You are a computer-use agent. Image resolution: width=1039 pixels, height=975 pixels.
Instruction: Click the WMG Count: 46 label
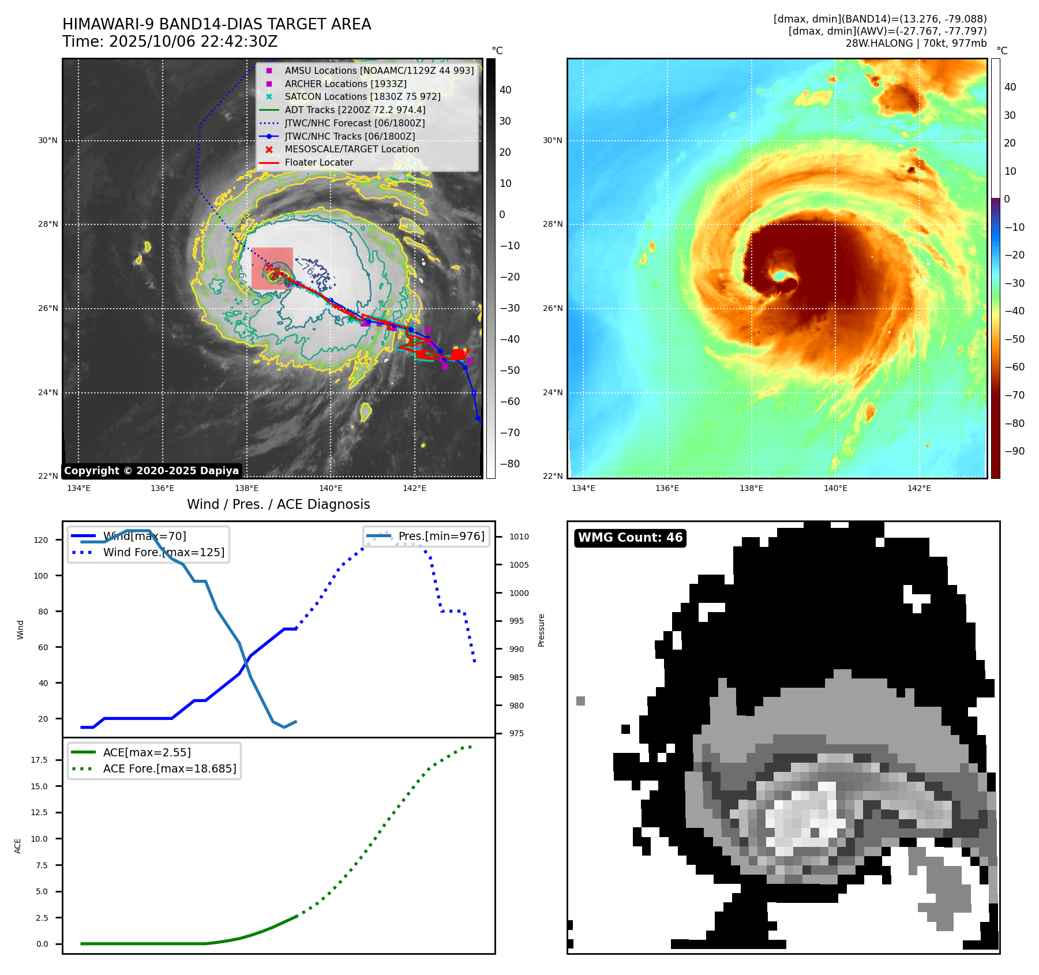coord(630,538)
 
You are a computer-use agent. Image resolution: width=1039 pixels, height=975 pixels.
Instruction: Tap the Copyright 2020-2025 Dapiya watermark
coord(151,471)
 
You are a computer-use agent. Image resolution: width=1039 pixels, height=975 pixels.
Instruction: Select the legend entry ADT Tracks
coord(355,110)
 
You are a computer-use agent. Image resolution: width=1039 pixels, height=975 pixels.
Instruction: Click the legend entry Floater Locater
coord(318,163)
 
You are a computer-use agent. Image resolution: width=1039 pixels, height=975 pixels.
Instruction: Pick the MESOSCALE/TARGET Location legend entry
coord(351,149)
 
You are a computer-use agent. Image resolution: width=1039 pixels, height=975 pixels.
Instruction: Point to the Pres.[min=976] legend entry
coord(441,537)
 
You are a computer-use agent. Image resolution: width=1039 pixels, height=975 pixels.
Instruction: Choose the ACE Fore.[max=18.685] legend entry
coord(170,769)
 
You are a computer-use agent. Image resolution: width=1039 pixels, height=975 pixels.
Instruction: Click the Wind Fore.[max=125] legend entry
coord(163,553)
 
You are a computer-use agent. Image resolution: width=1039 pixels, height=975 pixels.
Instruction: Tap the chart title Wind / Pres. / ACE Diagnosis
coord(278,505)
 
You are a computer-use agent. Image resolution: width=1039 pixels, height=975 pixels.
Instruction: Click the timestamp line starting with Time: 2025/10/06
coord(170,42)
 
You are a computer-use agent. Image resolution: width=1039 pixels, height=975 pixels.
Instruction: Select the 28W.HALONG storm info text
coord(916,43)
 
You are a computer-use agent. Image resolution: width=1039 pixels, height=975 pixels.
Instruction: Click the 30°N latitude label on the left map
coord(48,141)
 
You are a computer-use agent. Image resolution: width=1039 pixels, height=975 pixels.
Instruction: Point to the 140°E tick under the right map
coord(835,489)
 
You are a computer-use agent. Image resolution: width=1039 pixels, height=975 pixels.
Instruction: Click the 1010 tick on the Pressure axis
coord(519,537)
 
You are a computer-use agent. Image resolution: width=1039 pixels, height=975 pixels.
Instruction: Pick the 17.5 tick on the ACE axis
coord(39,760)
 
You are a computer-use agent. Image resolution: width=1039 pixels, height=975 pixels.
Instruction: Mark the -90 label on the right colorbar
coord(1014,451)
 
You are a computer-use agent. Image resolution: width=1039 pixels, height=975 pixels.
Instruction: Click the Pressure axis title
coord(542,630)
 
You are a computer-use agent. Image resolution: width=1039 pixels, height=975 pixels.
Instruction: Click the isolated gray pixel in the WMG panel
coord(580,701)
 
